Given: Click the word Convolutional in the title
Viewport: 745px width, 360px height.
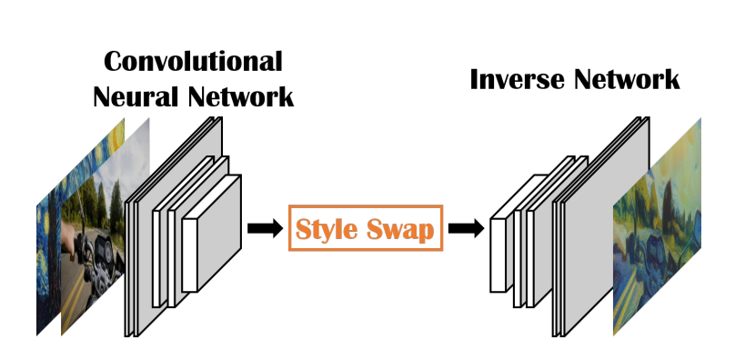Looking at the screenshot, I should click(193, 61).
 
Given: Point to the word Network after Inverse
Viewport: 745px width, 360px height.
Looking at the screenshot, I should click(627, 79).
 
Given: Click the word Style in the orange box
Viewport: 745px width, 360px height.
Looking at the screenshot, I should click(327, 229).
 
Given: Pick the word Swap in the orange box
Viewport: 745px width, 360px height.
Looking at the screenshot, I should click(401, 229).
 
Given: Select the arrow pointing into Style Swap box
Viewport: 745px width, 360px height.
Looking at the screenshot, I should click(265, 228).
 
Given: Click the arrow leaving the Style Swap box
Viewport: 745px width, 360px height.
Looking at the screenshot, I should click(465, 228).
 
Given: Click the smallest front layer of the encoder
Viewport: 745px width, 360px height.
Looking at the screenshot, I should click(211, 235).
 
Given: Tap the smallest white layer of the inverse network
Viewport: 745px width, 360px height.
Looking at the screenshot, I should click(498, 255).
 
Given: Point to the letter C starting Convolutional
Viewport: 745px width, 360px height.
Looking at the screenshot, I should click(115, 62).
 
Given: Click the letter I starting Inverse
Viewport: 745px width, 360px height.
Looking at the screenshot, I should click(476, 79).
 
